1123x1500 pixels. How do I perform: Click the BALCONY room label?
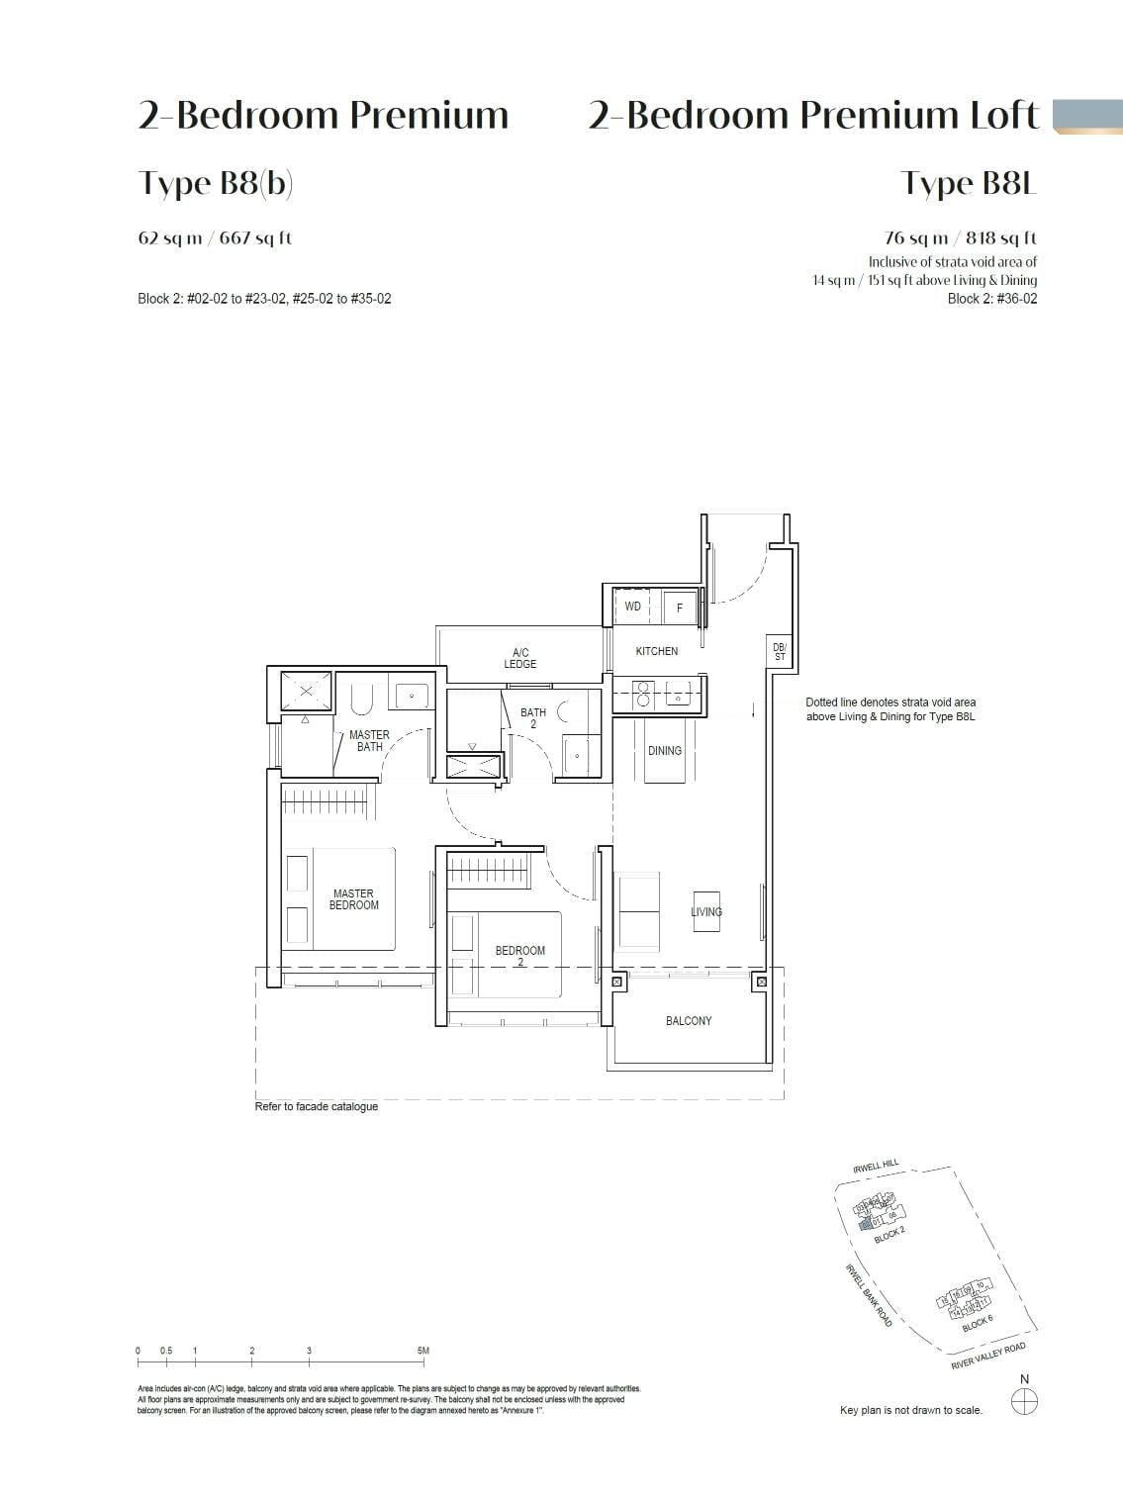point(689,1021)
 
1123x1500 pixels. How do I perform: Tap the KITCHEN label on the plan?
point(657,651)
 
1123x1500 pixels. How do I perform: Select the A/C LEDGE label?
point(520,658)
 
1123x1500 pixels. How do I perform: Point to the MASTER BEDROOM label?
point(353,899)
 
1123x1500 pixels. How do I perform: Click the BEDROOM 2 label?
point(520,956)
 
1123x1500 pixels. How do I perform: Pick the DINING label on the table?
point(665,751)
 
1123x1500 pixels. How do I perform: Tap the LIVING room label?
point(706,912)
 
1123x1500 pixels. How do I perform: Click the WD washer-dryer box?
point(633,607)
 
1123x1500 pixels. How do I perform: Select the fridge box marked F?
point(680,608)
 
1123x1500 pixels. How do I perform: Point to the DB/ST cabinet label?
point(780,652)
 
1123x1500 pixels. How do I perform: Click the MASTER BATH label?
point(369,741)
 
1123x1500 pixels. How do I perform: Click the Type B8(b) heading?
point(216,184)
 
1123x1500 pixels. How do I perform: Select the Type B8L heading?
point(968,184)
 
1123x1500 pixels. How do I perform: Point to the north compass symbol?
point(1025,1401)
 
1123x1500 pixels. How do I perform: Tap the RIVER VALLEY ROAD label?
point(987,1358)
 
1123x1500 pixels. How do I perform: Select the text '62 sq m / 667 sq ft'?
point(215,238)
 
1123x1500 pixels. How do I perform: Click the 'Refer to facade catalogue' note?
point(317,1106)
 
